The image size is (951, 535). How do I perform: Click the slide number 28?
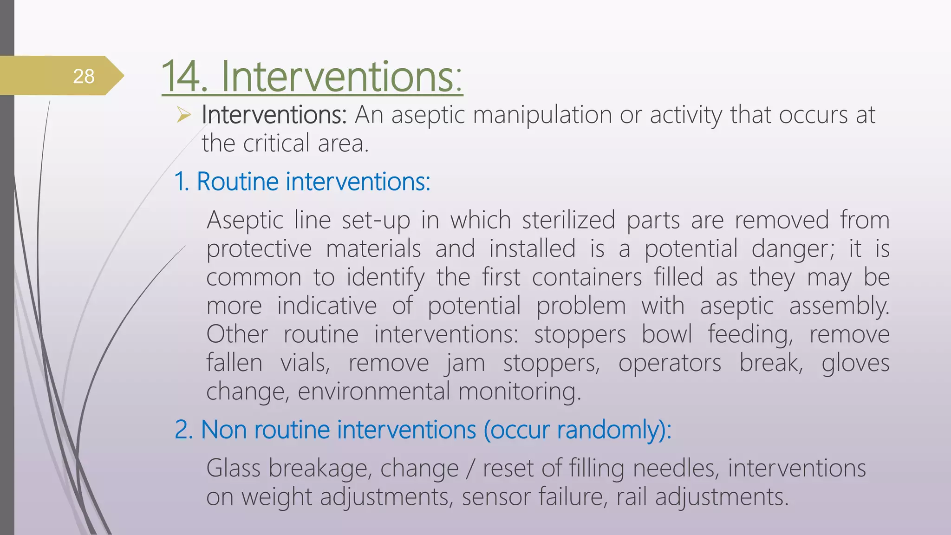tap(84, 76)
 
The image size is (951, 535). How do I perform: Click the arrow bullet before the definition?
tap(184, 114)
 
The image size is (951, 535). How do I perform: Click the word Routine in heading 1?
tap(237, 181)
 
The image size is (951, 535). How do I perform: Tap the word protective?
tap(259, 249)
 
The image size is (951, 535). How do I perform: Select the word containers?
tap(586, 277)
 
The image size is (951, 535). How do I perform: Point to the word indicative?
tap(326, 306)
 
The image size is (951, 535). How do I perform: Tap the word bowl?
tap(666, 334)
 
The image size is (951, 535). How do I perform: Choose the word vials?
tap(305, 363)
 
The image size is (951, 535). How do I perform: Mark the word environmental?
tap(373, 391)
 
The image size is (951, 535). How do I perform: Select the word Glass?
tap(233, 468)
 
